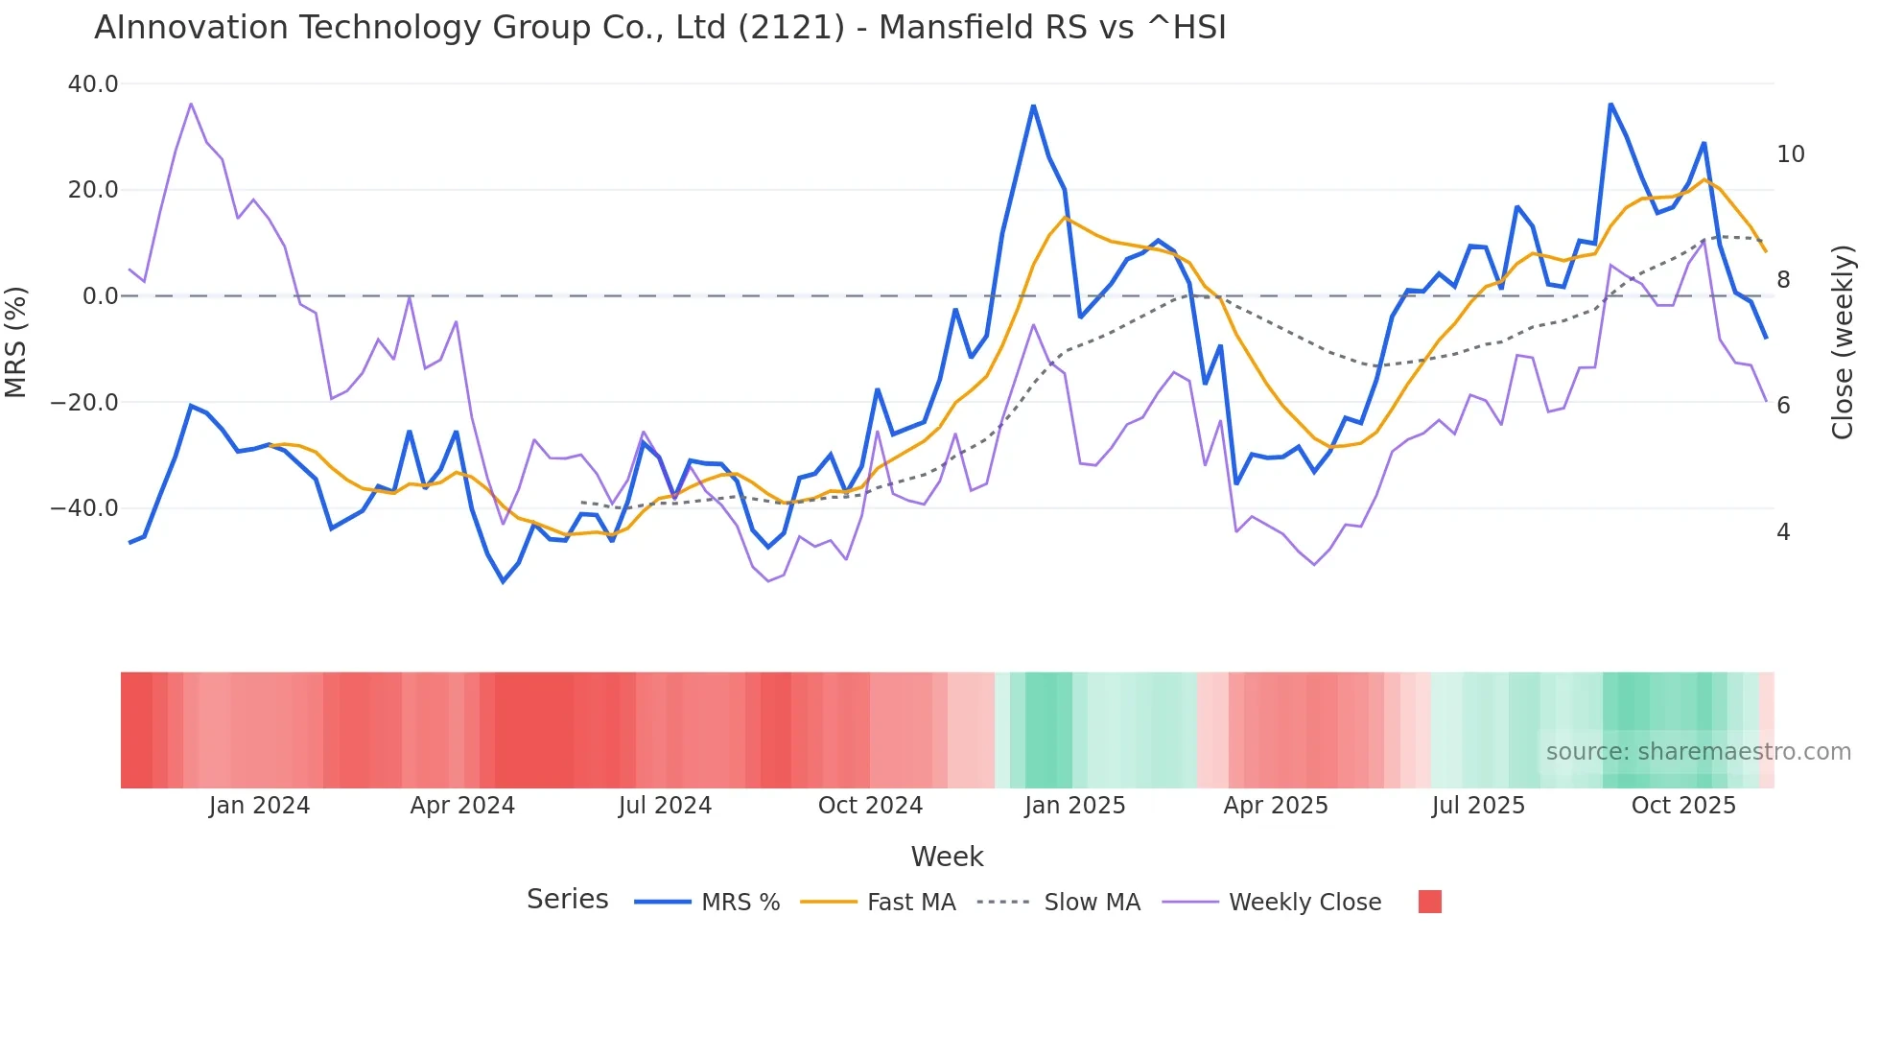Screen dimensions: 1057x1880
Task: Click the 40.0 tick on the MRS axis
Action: (93, 84)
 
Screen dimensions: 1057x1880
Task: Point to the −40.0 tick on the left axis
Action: (84, 508)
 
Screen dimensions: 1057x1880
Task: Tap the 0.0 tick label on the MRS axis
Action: (100, 296)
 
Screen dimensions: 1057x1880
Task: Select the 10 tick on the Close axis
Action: (1790, 154)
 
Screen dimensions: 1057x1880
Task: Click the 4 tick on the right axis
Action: (1783, 532)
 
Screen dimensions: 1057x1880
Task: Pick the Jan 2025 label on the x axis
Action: (1074, 806)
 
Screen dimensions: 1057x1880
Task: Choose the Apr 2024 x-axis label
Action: (462, 806)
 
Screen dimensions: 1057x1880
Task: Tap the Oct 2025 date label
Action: (1683, 806)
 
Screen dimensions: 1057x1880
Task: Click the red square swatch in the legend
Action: (1429, 902)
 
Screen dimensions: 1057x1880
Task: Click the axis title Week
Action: (947, 857)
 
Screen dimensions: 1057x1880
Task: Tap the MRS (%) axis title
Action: (16, 341)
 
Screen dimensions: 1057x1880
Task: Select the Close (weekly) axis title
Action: (1843, 342)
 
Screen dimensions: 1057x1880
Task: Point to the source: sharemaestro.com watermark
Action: (1698, 752)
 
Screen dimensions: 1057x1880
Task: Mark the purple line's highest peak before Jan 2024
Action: (191, 104)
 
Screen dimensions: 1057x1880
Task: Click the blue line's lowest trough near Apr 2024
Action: (503, 581)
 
